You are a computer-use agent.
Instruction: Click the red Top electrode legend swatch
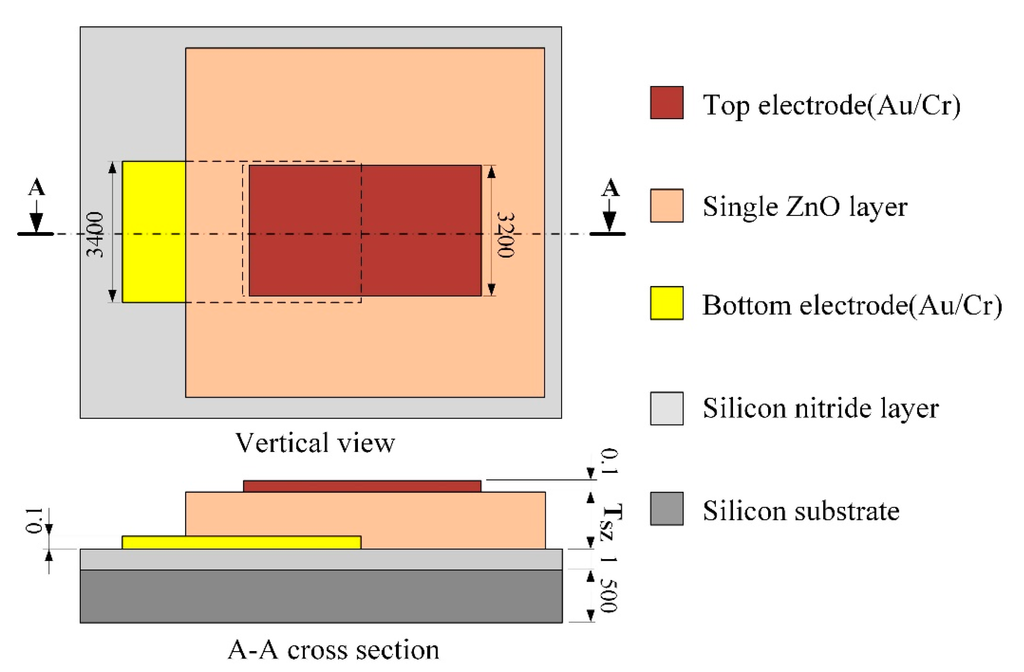[666, 103]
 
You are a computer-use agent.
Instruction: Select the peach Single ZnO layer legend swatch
[666, 205]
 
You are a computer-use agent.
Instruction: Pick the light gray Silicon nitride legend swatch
[666, 407]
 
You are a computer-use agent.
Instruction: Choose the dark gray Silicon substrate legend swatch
[666, 509]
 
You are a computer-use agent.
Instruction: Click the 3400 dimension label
[96, 232]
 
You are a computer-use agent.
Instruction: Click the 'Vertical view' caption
[315, 441]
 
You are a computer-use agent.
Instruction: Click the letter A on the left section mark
[36, 189]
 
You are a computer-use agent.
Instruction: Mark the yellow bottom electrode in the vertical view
[154, 231]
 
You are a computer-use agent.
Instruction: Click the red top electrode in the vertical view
[365, 231]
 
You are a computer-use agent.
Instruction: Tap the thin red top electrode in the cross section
[362, 486]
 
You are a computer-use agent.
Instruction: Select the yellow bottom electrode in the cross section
[240, 542]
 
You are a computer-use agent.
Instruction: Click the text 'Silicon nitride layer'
[820, 408]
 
